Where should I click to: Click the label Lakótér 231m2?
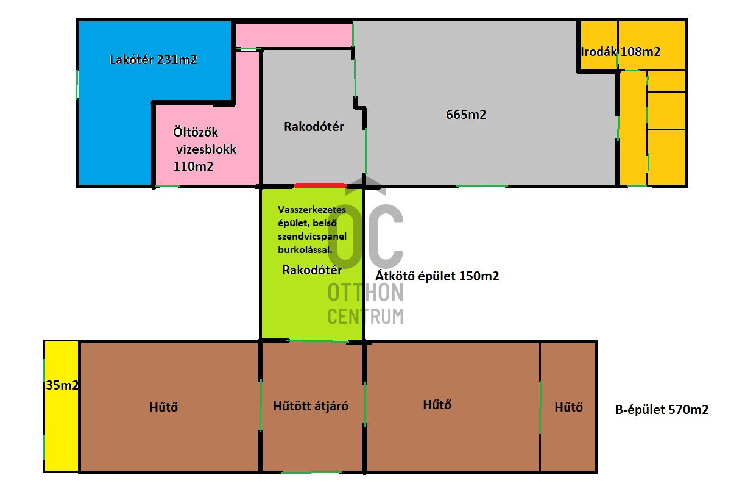154,60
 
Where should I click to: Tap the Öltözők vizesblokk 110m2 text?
204,149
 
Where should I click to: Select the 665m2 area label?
466,115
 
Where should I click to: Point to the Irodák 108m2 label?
621,52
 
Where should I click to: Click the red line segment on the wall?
320,185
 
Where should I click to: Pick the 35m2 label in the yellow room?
62,385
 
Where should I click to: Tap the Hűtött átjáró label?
311,406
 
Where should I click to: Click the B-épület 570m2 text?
662,410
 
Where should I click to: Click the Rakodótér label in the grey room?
314,127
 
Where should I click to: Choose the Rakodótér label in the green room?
312,270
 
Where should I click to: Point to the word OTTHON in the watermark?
365,293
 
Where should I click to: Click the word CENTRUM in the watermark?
365,316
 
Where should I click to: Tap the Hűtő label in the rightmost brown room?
568,407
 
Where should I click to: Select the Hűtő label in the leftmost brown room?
163,407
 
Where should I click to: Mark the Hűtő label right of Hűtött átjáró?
437,404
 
